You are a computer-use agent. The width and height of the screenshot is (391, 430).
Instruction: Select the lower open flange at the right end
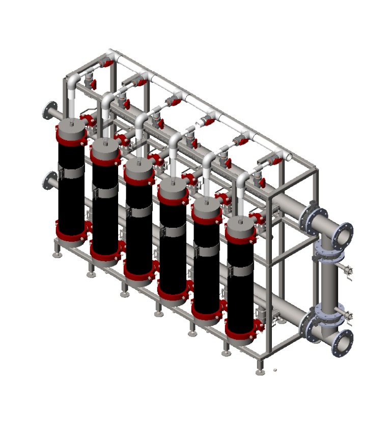[342, 343]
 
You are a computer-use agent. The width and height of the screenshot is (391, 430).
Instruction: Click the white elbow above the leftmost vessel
[73, 82]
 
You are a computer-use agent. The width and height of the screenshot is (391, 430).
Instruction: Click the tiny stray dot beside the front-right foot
[275, 370]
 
